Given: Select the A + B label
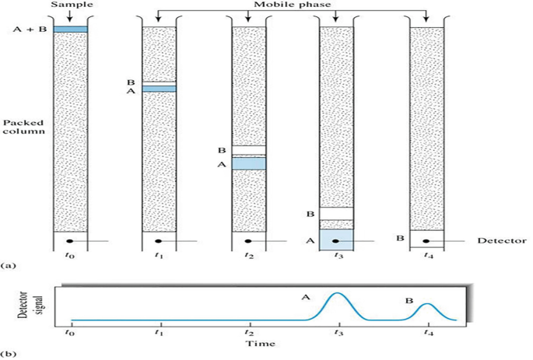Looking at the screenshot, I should (27, 30).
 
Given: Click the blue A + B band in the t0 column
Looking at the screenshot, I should (70, 30).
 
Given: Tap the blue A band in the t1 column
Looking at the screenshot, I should (160, 89).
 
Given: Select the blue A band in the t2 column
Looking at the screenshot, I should (249, 163).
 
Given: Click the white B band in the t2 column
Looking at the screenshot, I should (249, 151).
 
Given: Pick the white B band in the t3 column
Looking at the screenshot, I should (337, 213).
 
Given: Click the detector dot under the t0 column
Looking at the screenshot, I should (70, 241).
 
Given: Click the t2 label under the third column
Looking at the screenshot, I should (248, 253).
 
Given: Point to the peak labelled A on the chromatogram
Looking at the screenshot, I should (337, 295).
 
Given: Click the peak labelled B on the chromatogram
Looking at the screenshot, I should (426, 306).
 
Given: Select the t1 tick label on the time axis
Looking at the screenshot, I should (160, 331).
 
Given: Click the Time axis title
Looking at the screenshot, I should (248, 341).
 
